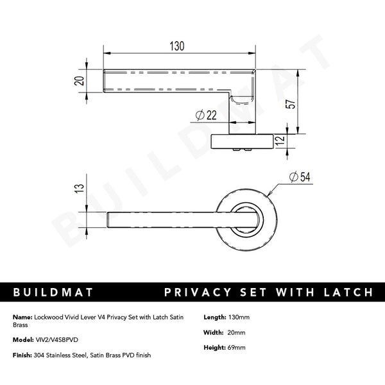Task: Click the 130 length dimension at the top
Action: pos(176,46)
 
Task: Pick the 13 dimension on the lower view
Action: pos(79,188)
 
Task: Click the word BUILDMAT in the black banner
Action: pos(53,293)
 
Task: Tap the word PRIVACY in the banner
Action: pos(196,293)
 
